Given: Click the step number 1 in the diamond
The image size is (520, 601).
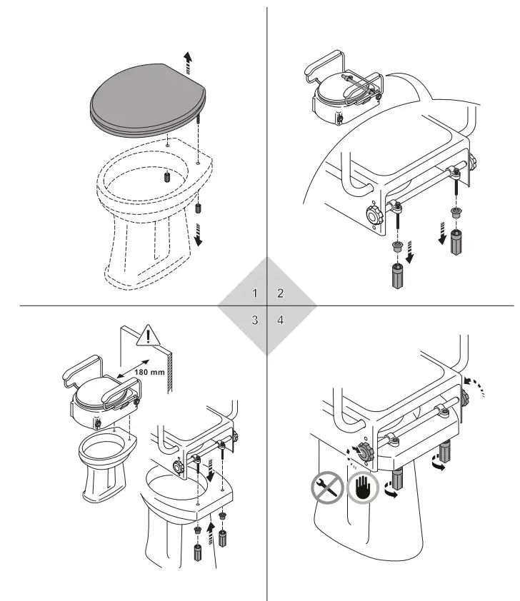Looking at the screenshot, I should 254,293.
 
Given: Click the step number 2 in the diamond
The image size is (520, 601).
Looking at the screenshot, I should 280,293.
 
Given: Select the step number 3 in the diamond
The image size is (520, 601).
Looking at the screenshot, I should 254,320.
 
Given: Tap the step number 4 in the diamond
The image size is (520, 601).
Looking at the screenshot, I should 280,320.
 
